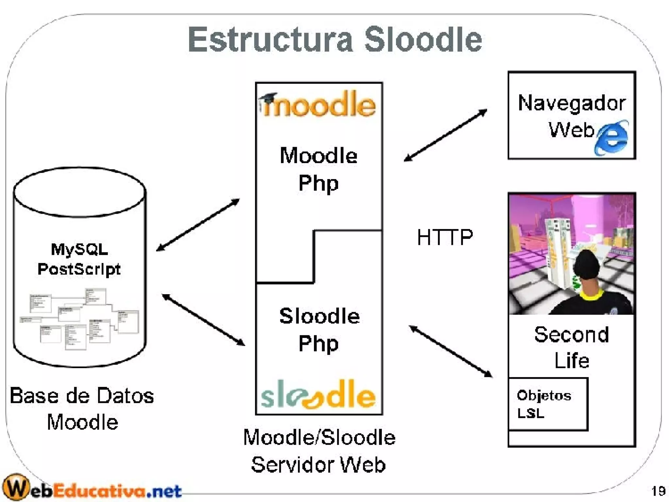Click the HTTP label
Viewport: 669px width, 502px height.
coord(445,237)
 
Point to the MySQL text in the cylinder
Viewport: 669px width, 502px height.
coord(79,249)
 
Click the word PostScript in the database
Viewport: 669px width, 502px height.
coord(79,269)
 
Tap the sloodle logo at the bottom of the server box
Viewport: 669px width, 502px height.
coord(318,395)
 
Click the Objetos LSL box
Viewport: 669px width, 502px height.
coord(548,404)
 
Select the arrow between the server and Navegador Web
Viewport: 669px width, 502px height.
coord(446,135)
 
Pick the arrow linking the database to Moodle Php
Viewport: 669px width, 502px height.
coord(198,225)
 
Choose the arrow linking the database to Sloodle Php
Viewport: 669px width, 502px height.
coord(203,320)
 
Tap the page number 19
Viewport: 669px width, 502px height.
coord(658,491)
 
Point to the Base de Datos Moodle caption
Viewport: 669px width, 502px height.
coord(82,409)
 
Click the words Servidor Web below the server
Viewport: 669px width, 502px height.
coord(318,465)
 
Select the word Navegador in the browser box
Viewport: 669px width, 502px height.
coord(572,103)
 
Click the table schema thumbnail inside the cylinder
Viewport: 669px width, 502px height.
coord(80,319)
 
